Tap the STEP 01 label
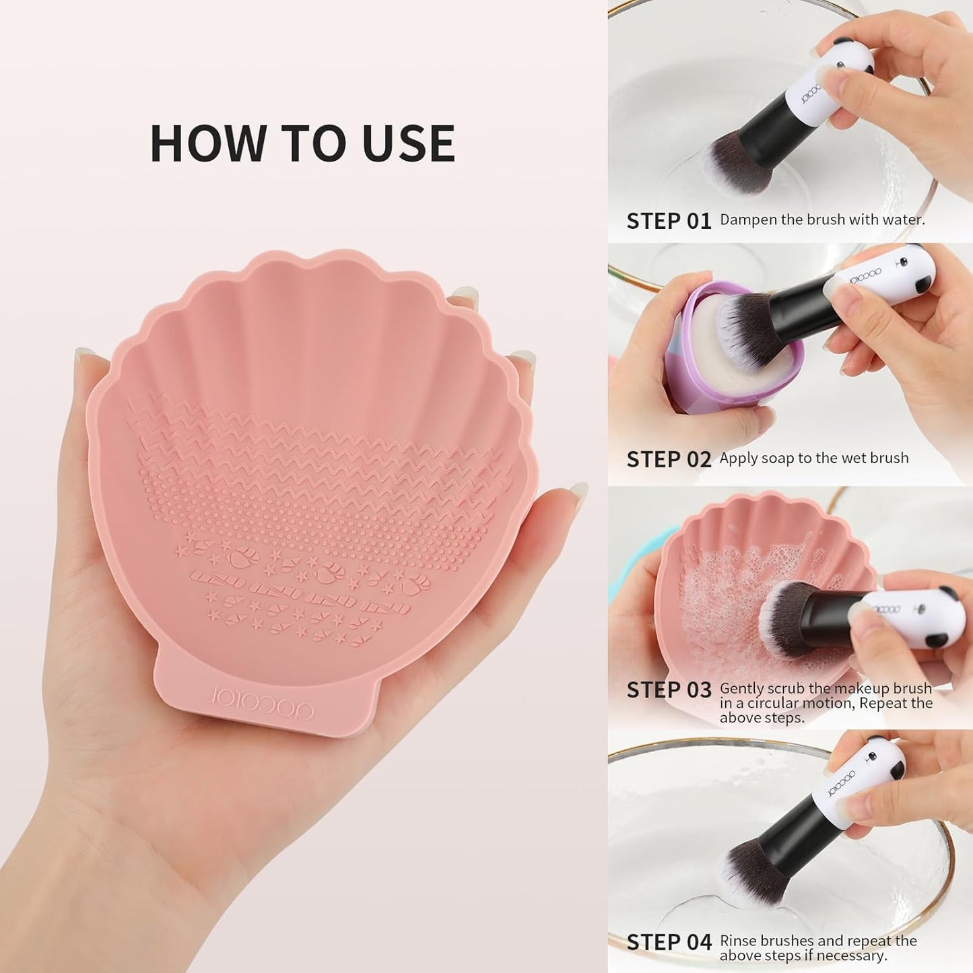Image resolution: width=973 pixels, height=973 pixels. (x=669, y=221)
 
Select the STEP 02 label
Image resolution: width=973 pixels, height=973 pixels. (x=669, y=459)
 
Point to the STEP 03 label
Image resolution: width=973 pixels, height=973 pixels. (x=669, y=690)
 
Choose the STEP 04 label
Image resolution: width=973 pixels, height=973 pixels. (x=669, y=943)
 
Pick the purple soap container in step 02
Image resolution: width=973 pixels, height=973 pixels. (x=680, y=377)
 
